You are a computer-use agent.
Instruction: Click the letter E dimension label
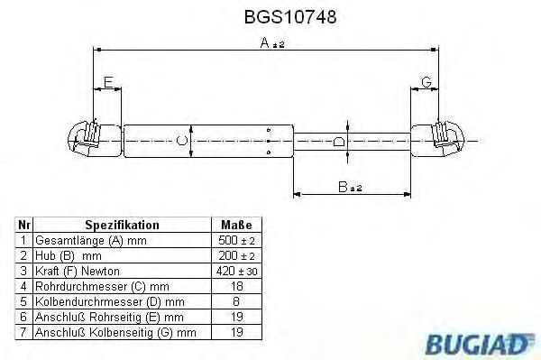[107, 82]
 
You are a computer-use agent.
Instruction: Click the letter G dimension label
[426, 82]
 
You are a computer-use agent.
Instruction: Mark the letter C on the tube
[182, 140]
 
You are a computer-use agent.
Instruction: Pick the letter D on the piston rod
[338, 141]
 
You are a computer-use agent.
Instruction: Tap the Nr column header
[24, 226]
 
